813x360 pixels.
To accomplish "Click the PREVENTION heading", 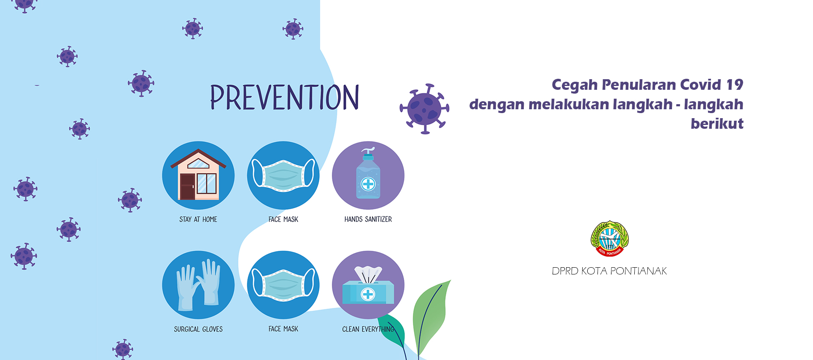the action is click(x=285, y=97).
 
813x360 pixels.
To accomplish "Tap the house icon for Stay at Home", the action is click(x=198, y=174).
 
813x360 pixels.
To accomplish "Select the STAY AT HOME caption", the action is click(x=198, y=219).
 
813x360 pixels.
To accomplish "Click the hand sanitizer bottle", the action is click(x=368, y=174).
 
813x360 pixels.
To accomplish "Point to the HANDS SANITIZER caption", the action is click(x=368, y=219).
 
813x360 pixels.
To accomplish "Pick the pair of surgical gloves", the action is click(x=198, y=285).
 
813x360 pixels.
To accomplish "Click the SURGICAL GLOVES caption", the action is click(x=198, y=329).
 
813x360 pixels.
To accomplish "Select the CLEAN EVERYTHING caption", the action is click(x=368, y=329).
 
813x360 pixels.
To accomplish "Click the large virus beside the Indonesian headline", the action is click(x=425, y=108).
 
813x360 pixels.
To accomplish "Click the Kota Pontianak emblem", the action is click(x=610, y=238).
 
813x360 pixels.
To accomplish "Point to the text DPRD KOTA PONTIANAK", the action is click(x=609, y=271).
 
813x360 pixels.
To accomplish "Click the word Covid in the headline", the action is click(x=700, y=85).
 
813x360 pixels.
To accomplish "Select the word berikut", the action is click(x=717, y=124).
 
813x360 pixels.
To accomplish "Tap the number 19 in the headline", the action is click(x=735, y=85).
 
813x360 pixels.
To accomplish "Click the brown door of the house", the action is click(x=187, y=187).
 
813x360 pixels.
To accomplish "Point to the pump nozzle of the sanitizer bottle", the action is click(x=368, y=151).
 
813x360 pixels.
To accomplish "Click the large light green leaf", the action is click(x=431, y=316).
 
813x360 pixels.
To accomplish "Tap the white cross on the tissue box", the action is click(x=368, y=294).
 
